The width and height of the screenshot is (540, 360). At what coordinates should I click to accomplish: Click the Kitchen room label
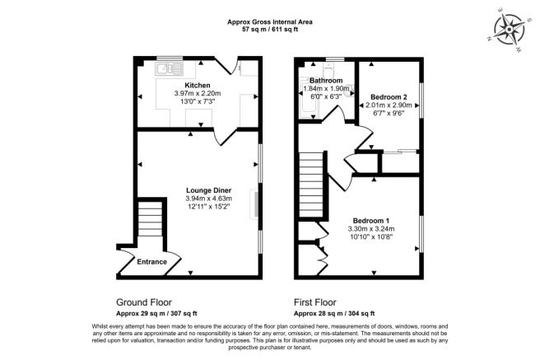[x=198, y=86]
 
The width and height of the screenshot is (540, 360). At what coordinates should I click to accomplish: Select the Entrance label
[x=151, y=262]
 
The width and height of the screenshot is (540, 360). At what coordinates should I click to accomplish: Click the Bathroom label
[x=327, y=80]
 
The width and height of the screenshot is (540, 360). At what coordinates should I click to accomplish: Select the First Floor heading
[x=321, y=302]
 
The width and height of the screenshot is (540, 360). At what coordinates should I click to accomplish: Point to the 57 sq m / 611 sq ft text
[x=269, y=30]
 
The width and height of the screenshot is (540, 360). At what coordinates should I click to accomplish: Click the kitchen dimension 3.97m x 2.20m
[x=198, y=94]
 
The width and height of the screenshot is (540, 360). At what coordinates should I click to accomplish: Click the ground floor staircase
[x=149, y=222]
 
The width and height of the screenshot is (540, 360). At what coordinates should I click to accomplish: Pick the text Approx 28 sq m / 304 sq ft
[x=334, y=313]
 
